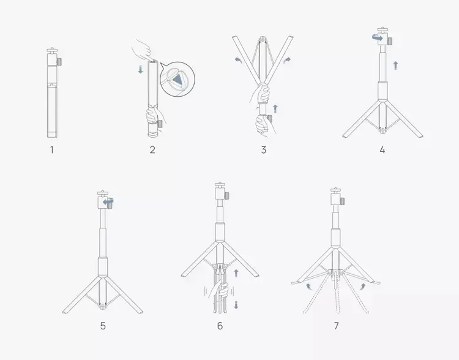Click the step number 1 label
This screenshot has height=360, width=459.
[x=52, y=149]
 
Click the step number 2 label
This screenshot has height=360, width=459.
[x=152, y=149]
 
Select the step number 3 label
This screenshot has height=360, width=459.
[x=263, y=149]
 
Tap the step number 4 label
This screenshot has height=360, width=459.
[x=382, y=149]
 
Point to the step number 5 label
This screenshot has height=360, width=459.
[x=103, y=326]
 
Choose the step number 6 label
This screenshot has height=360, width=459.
[x=220, y=326]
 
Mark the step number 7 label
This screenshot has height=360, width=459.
[x=336, y=326]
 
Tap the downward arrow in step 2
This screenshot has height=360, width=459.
[x=141, y=70]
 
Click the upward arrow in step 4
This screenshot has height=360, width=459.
[x=395, y=64]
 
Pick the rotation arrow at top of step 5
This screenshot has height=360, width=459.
[x=109, y=201]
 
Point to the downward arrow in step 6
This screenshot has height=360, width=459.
[x=236, y=304]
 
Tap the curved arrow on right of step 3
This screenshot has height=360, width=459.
[x=288, y=59]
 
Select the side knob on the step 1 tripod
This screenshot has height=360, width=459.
[x=61, y=62]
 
